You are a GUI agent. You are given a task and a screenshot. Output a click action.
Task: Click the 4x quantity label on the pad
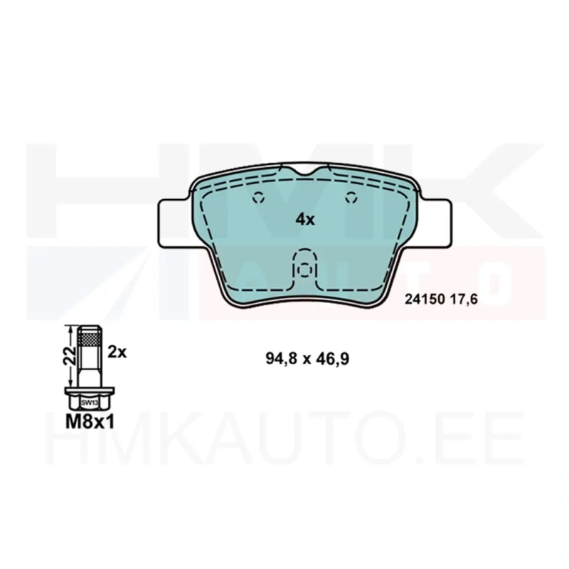click(x=305, y=219)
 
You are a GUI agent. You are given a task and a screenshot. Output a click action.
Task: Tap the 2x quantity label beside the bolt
click(x=117, y=352)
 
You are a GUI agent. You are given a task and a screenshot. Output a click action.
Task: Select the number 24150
click(x=425, y=299)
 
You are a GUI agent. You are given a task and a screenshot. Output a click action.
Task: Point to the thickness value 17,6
click(x=464, y=299)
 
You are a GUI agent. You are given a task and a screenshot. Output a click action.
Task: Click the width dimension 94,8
click(x=281, y=359)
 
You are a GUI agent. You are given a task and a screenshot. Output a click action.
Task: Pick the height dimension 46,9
click(x=333, y=359)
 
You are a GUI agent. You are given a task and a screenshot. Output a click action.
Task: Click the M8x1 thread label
click(x=90, y=422)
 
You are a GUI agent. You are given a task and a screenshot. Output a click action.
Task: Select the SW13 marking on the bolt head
click(x=90, y=403)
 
